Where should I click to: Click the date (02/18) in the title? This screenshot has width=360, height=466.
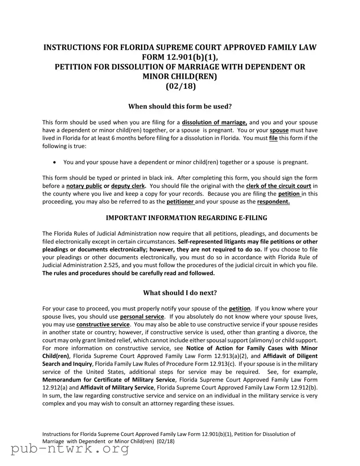(x=180, y=86)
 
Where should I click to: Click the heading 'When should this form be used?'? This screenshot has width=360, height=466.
(x=180, y=107)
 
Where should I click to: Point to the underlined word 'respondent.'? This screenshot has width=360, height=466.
(x=273, y=202)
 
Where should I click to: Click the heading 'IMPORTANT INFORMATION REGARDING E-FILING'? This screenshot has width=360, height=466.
(x=180, y=217)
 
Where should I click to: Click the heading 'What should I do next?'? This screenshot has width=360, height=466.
(x=180, y=293)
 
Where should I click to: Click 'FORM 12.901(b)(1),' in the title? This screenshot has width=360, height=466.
(x=180, y=57)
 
